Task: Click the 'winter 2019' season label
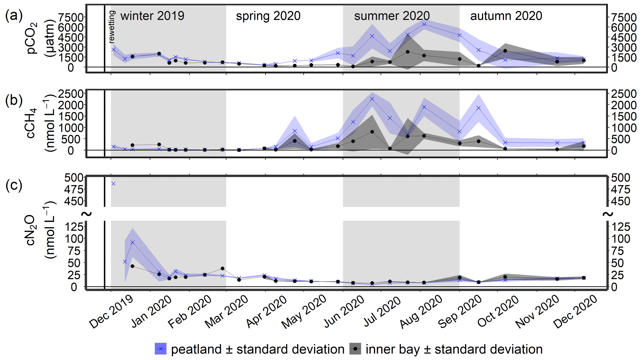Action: [152, 16]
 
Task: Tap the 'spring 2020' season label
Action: [268, 16]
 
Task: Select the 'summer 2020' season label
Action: [392, 16]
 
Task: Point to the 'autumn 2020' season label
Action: [506, 16]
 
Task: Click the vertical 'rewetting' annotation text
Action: [112, 27]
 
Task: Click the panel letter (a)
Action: [14, 15]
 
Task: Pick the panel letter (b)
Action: [14, 101]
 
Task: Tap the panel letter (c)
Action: [14, 185]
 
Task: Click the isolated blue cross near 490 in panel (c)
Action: [113, 184]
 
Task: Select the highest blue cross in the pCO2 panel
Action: [424, 24]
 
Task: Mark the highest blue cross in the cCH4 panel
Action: [372, 99]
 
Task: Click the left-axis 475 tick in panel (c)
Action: [74, 189]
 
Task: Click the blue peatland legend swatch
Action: [161, 349]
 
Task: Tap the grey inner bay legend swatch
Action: [355, 349]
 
